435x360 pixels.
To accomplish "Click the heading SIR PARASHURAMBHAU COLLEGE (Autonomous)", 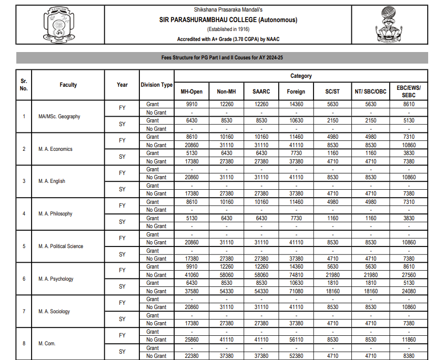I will tap(228, 20).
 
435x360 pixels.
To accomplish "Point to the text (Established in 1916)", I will tap(228, 29).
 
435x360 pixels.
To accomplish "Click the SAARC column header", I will tap(261, 91).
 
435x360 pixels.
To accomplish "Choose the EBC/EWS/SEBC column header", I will tap(408, 91).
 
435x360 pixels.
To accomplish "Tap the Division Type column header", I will tap(156, 85).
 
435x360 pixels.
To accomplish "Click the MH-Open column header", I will tap(191, 91).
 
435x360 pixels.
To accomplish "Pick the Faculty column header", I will tap(68, 85).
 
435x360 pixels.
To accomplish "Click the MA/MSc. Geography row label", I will tap(59, 117).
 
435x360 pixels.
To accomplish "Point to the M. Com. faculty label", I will tap(47, 344).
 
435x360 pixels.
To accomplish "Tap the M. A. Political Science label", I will tap(60, 246).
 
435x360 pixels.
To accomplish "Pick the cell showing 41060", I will tap(191, 275).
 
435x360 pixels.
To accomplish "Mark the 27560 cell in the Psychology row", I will tap(408, 275).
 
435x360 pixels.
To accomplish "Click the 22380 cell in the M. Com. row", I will tap(191, 356).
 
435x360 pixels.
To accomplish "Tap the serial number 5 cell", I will tap(24, 246).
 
